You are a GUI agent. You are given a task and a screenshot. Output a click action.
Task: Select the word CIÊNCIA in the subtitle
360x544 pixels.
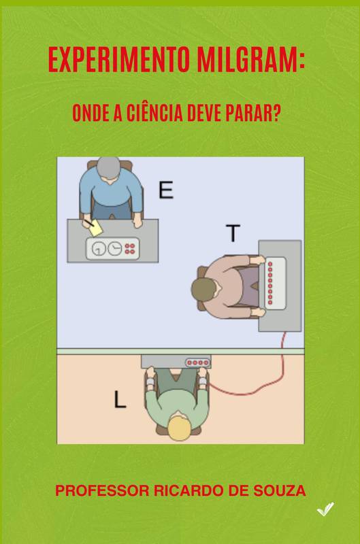coord(154,113)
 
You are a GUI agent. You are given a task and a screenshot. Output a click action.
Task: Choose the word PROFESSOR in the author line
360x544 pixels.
coord(102,491)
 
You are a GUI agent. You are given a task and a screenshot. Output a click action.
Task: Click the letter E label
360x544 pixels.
coord(166,190)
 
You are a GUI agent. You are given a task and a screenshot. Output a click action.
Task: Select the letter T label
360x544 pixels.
coord(233,233)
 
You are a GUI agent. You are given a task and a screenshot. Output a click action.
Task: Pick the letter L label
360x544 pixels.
coord(120,399)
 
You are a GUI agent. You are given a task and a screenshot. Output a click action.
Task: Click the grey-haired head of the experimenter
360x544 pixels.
coord(109,168)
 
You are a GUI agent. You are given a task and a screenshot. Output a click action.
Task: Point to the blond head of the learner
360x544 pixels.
coord(180,428)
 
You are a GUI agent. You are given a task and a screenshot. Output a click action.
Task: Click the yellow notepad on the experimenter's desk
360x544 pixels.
coord(95,229)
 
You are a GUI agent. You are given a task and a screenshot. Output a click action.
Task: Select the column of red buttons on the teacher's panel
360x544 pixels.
coord(270,284)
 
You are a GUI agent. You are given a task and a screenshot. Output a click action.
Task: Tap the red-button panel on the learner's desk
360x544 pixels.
coord(198,363)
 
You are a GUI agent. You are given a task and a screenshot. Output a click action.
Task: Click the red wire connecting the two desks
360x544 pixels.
coord(257,386)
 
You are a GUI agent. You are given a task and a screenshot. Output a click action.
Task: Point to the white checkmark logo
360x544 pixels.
coord(325,509)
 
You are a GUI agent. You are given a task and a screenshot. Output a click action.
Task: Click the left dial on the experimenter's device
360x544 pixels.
coord(99,248)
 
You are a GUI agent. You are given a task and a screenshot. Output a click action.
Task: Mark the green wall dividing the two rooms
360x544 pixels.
coord(180,352)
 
